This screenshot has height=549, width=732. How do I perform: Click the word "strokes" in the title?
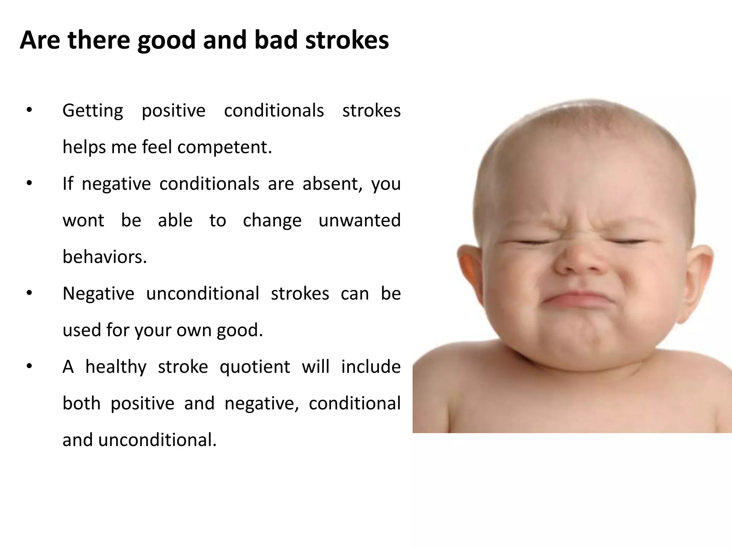pos(347,40)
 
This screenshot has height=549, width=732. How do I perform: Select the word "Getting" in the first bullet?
pos(93,111)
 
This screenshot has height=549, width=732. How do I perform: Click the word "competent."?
pos(224,147)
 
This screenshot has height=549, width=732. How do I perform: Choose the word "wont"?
pos(83,221)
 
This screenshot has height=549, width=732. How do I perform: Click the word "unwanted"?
pos(359,221)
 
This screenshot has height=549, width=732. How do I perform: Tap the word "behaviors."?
pos(105,257)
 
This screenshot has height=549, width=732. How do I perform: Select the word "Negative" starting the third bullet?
pos(98,294)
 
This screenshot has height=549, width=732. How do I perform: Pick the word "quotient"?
pos(255,367)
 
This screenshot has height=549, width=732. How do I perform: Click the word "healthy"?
pos(116,367)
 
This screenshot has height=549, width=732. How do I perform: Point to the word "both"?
pos(81,404)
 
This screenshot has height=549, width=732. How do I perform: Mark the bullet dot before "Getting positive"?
pos(29,110)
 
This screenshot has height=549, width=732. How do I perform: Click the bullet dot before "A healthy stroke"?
pos(29,366)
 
